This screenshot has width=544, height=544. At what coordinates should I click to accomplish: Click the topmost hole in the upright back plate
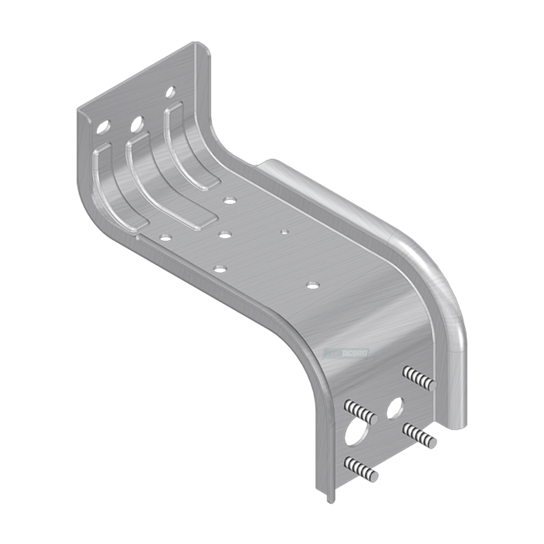pos(170,92)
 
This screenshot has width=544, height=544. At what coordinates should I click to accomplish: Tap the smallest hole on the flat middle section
pos(284,232)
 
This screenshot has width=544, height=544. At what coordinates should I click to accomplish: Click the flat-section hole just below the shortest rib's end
pos(230,200)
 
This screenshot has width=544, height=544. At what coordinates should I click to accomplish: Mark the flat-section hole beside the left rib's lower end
pos(166,237)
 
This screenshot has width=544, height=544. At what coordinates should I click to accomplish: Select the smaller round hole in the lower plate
pos(395,408)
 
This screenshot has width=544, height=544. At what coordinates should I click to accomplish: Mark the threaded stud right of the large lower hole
pos(420,434)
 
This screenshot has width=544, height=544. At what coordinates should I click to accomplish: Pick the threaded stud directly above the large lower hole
pos(361,410)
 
